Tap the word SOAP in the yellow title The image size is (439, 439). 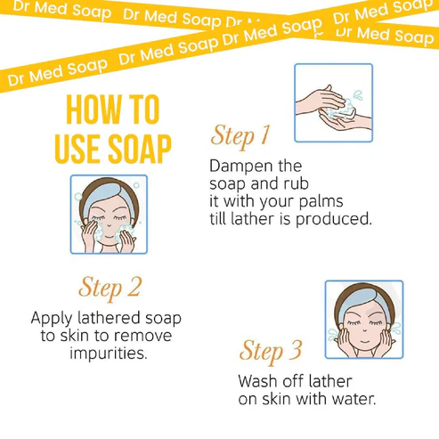[140, 149]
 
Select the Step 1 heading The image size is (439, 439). [240, 135]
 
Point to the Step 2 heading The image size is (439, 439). [110, 288]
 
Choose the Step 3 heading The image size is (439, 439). [271, 351]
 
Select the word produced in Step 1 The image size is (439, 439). [334, 219]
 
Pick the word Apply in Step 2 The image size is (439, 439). [52, 319]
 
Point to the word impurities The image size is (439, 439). [109, 354]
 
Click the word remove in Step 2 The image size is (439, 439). [142, 336]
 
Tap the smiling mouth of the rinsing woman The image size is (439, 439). [365, 341]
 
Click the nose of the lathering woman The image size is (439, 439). [109, 226]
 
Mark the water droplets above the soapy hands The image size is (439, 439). [358, 95]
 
